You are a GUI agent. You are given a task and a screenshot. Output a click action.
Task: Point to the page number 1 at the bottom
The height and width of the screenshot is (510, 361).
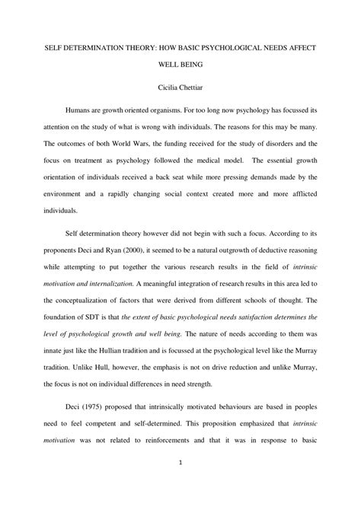(180, 483)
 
